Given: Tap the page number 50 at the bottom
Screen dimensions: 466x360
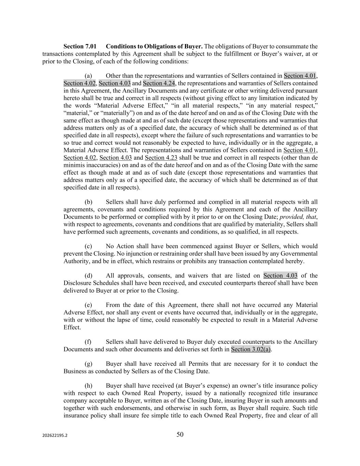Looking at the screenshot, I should click(x=180, y=434).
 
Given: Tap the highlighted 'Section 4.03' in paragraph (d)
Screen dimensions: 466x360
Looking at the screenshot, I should click(x=280, y=276).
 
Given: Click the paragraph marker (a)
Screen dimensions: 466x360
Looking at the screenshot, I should click(x=88, y=76).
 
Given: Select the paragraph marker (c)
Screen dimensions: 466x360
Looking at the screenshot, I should click(x=88, y=246).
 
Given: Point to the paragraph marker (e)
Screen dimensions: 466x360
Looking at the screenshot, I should click(x=88, y=305).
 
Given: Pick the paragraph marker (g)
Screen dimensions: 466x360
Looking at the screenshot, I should click(x=88, y=364).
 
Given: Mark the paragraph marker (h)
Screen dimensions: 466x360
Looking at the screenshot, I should click(x=88, y=386).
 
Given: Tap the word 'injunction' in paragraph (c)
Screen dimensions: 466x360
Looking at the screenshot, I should click(x=143, y=254).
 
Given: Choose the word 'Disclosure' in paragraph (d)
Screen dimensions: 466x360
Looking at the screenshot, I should click(x=77, y=283).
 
